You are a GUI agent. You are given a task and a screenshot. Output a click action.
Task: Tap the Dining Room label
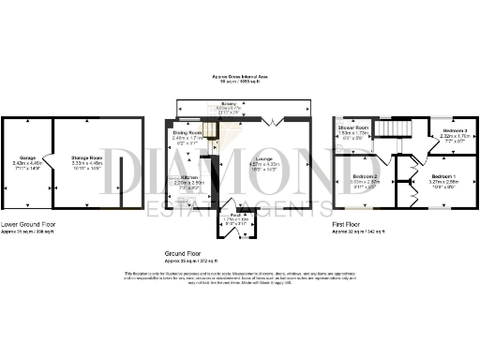click(x=187, y=134)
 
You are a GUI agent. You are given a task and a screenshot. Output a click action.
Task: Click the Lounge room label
click(x=263, y=159)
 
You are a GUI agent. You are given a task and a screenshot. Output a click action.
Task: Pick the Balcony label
click(x=228, y=104)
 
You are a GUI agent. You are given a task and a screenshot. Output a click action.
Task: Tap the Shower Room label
click(x=352, y=127)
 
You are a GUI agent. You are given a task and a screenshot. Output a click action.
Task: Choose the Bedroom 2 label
click(x=365, y=176)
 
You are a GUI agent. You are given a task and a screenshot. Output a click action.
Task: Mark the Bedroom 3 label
click(x=454, y=130)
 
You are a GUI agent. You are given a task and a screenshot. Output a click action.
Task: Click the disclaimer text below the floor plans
click(x=240, y=277)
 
